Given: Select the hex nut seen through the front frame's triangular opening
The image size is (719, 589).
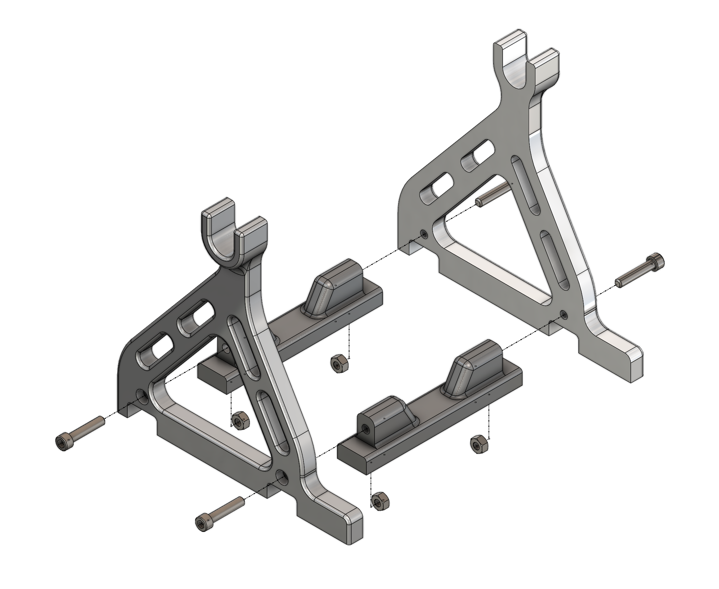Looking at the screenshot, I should click(240, 421).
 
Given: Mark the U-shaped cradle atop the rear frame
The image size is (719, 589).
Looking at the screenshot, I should click(524, 65).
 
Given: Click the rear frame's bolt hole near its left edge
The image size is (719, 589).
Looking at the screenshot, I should click(424, 234).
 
